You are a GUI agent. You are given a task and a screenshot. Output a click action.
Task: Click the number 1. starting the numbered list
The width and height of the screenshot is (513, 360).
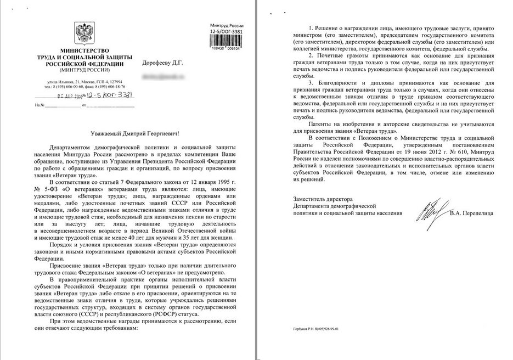click(311, 27)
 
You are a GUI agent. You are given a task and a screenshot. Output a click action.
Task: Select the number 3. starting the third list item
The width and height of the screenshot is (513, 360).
click(311, 82)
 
